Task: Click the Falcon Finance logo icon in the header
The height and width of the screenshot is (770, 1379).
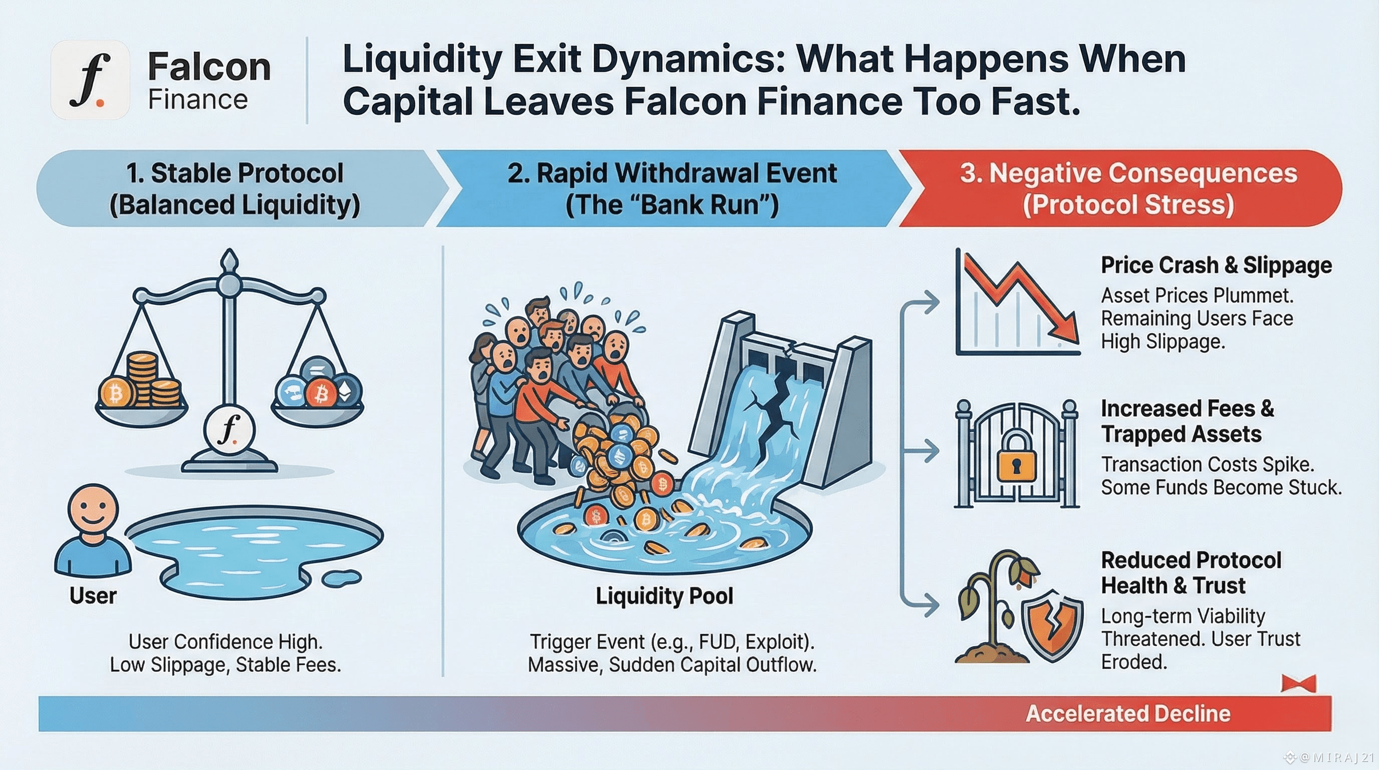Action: click(x=90, y=80)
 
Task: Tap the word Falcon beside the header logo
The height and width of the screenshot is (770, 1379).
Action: click(x=209, y=67)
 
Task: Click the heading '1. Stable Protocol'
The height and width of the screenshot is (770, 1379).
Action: click(x=235, y=173)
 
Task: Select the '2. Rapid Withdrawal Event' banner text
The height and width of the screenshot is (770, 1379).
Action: click(x=672, y=173)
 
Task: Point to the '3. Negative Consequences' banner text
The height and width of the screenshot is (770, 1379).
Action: click(x=1128, y=173)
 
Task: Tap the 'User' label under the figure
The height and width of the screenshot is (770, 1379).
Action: click(x=93, y=596)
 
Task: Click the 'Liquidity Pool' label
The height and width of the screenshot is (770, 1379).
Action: click(x=664, y=596)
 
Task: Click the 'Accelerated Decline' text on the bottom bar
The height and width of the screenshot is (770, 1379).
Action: click(x=1128, y=713)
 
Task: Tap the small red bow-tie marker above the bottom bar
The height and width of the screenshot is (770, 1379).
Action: click(x=1298, y=684)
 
